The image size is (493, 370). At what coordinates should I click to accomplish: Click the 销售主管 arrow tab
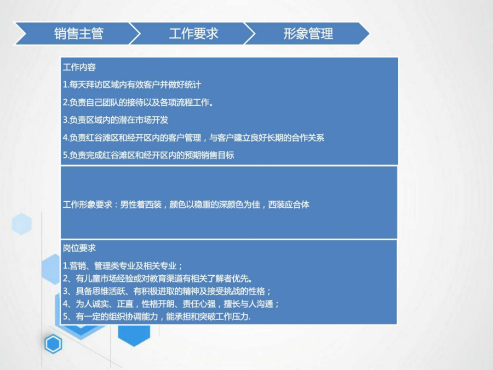[x=76, y=33]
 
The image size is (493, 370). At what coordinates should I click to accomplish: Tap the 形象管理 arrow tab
[x=307, y=33]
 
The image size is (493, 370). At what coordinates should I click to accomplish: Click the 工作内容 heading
[x=79, y=67]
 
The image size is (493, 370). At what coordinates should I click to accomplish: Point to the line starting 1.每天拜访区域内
[x=131, y=84]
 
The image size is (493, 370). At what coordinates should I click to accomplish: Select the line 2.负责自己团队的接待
[x=138, y=103]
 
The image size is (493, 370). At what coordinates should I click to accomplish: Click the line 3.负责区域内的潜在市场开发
[x=116, y=120]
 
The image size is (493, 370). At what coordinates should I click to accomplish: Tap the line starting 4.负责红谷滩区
[x=193, y=138]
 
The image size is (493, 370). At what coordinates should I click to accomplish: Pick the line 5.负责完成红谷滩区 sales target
[x=148, y=155]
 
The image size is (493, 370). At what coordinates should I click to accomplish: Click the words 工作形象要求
[x=88, y=205]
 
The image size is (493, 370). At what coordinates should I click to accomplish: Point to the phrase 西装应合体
[x=289, y=205]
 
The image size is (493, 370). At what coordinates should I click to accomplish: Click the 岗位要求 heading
[x=79, y=248]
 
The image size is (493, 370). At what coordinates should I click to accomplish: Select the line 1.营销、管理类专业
[x=123, y=266]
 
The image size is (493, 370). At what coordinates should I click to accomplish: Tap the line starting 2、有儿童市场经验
[x=158, y=278]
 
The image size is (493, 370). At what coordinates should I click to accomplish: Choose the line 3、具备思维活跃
[x=167, y=291]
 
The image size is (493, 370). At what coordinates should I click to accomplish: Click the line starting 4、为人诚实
[x=171, y=304]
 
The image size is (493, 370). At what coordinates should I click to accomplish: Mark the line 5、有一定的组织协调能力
[x=157, y=316]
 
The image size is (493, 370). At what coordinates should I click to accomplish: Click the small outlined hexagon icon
[x=53, y=344]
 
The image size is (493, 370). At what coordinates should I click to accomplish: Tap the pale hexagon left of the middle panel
[x=22, y=224]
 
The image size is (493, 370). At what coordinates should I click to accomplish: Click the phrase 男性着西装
[x=141, y=205]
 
